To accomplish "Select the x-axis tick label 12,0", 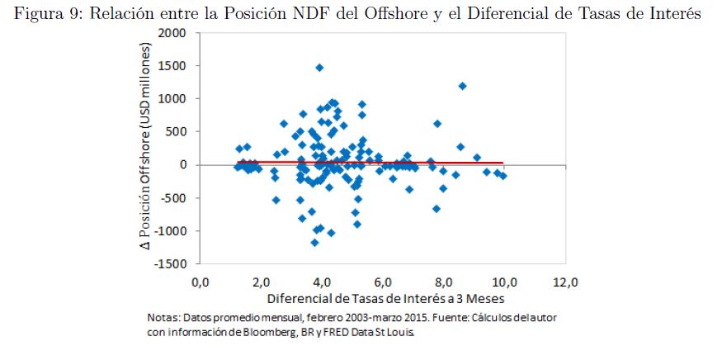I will point(565,282).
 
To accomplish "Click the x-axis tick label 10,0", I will point(504,282).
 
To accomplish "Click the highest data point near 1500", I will point(319,68).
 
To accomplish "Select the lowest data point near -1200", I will point(314,243).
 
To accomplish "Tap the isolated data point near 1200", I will point(462,86).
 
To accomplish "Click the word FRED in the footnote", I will point(332,333).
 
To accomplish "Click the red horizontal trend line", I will point(371,163).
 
